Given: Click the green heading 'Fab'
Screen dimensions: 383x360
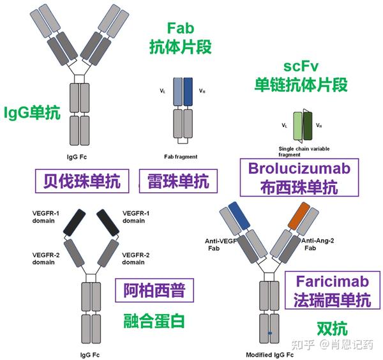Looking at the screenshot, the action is click(181, 28).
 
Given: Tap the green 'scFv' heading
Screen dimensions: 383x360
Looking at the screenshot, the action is click(301, 66).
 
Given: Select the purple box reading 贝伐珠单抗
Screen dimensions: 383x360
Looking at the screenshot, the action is click(82, 181).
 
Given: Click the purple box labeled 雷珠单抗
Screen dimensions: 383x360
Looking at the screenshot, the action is click(178, 181).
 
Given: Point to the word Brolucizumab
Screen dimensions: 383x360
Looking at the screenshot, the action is click(299, 169).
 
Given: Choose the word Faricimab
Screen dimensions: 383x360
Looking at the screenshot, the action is click(333, 281).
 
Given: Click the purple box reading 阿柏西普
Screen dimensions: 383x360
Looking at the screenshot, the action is click(154, 290).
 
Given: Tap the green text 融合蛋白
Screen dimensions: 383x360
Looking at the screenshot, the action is click(154, 321).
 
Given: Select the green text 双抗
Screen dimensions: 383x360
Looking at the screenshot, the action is click(332, 329).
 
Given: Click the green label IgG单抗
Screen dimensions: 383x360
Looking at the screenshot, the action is click(32, 113).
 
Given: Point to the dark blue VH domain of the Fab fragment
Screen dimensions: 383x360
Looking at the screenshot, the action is click(188, 92).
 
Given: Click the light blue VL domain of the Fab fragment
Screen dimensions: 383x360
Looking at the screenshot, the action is click(178, 92).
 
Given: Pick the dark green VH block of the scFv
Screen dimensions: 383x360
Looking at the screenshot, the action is click(308, 126).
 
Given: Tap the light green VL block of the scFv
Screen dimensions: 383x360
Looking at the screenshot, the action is click(297, 126).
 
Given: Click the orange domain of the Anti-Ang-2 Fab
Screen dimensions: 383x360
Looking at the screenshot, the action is click(299, 216).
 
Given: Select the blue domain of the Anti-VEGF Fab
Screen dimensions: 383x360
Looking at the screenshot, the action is click(239, 216).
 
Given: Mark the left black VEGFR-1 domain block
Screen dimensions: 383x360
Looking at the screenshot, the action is click(75, 223).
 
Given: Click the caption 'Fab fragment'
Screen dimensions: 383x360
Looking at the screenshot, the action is click(181, 157).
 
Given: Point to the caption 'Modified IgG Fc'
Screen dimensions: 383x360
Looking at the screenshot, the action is click(269, 355).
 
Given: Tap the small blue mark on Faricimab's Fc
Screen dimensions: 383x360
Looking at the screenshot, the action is click(269, 333).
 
